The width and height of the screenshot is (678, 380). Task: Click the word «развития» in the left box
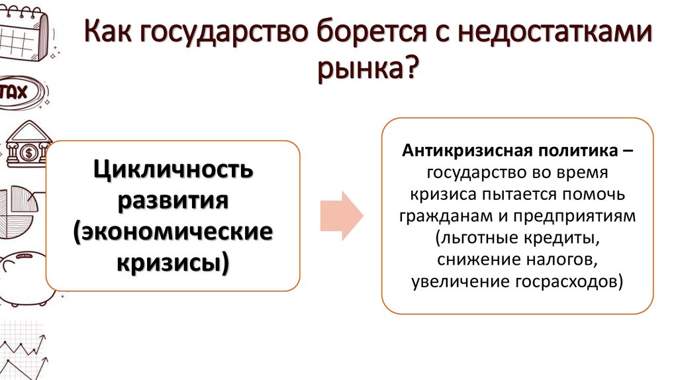pyautogui.click(x=173, y=201)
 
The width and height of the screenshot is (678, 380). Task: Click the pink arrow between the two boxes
pyautogui.click(x=341, y=216)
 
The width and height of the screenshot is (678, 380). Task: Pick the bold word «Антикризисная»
pyautogui.click(x=469, y=150)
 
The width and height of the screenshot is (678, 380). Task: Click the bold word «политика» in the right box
pyautogui.click(x=577, y=150)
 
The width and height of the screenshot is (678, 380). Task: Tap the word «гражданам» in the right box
pyautogui.click(x=436, y=216)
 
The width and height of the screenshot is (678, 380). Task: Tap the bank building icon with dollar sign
pyautogui.click(x=28, y=147)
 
